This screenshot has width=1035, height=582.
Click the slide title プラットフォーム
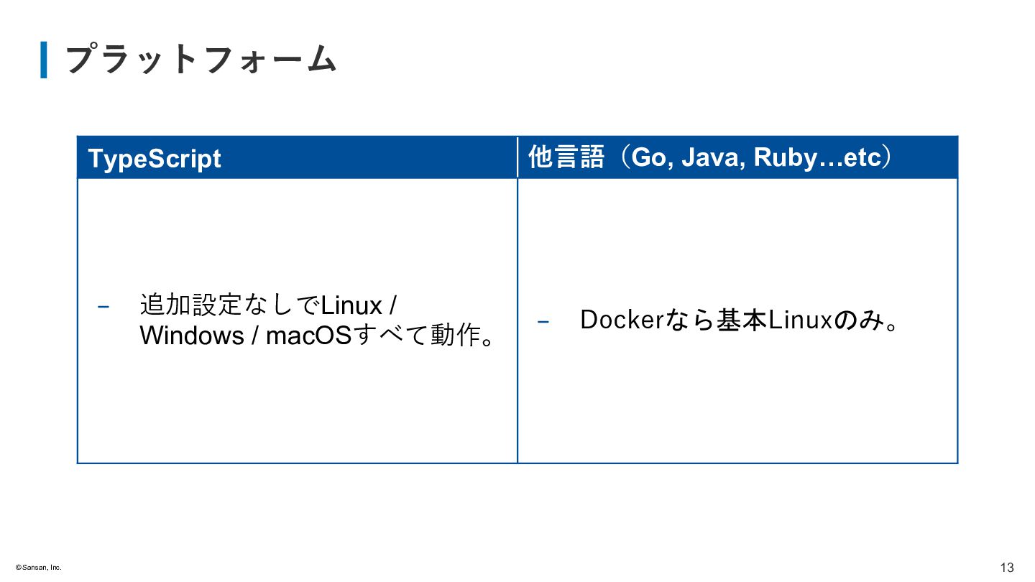(201, 60)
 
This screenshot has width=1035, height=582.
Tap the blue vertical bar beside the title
(44, 60)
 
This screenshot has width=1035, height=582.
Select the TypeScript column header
(155, 158)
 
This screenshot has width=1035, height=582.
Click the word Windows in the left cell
(192, 336)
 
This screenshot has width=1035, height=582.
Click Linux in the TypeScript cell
(351, 305)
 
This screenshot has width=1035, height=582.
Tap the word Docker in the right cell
(620, 320)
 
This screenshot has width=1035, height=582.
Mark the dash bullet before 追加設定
(103, 307)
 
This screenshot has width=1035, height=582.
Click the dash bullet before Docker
(543, 322)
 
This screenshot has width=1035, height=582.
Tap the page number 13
(1006, 568)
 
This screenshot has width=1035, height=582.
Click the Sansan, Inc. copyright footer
(39, 568)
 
